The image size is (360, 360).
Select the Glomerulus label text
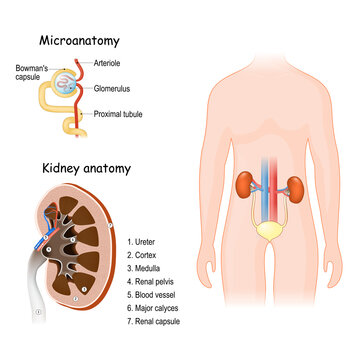pyautogui.click(x=117, y=88)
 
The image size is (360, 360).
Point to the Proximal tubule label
pyautogui.click(x=125, y=114)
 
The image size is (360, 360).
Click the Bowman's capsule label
pyautogui.click(x=24, y=74)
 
